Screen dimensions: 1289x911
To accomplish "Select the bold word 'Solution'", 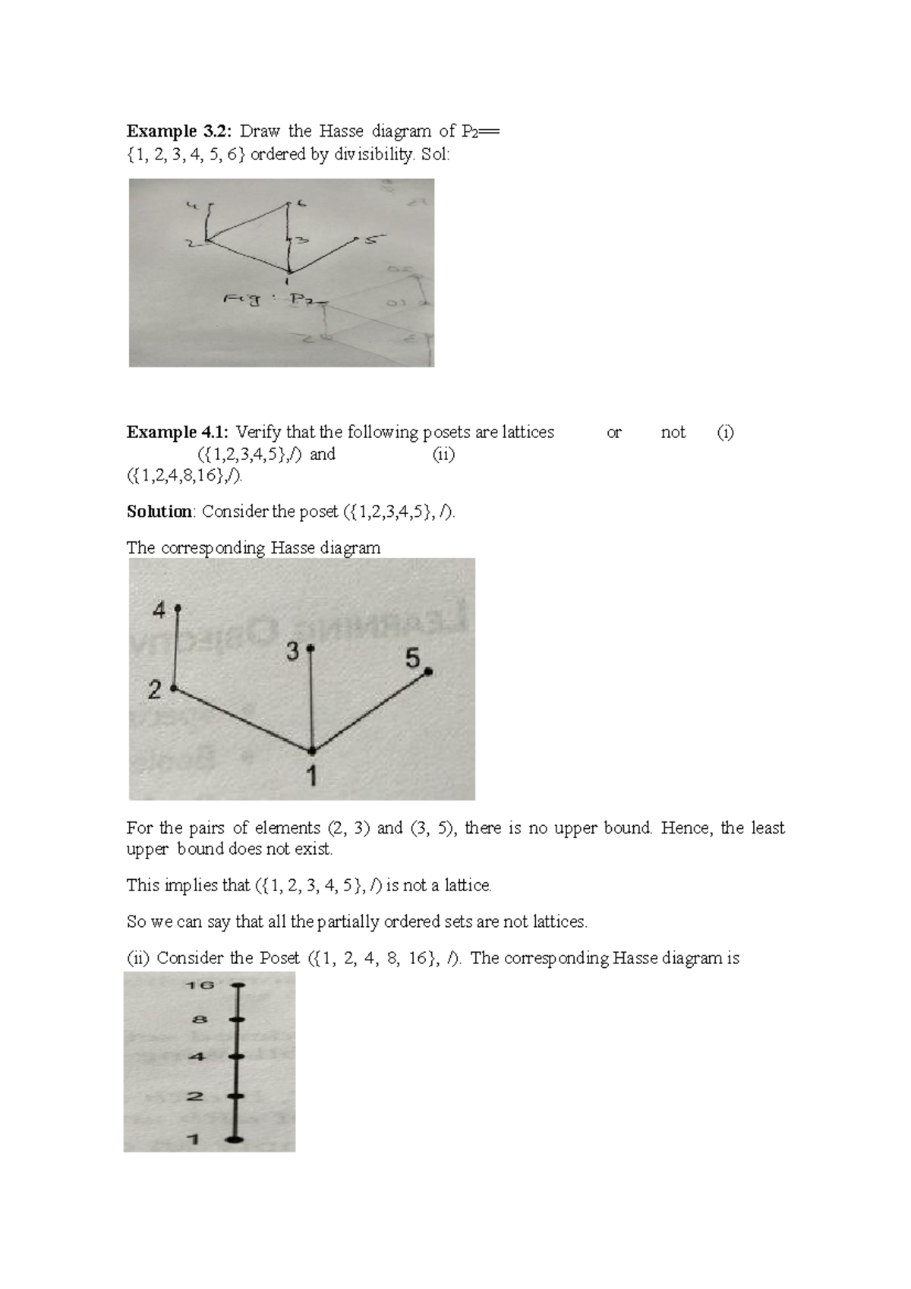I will click(x=159, y=512).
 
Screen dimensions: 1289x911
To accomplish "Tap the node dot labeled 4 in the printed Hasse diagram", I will click(x=177, y=608).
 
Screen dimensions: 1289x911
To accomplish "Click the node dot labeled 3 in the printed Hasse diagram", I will click(x=310, y=649).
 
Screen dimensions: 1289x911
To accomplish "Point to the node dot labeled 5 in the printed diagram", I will click(x=428, y=671).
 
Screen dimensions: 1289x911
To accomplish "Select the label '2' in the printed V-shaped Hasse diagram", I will click(x=156, y=690).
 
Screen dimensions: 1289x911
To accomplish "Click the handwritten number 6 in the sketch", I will click(x=301, y=203).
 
